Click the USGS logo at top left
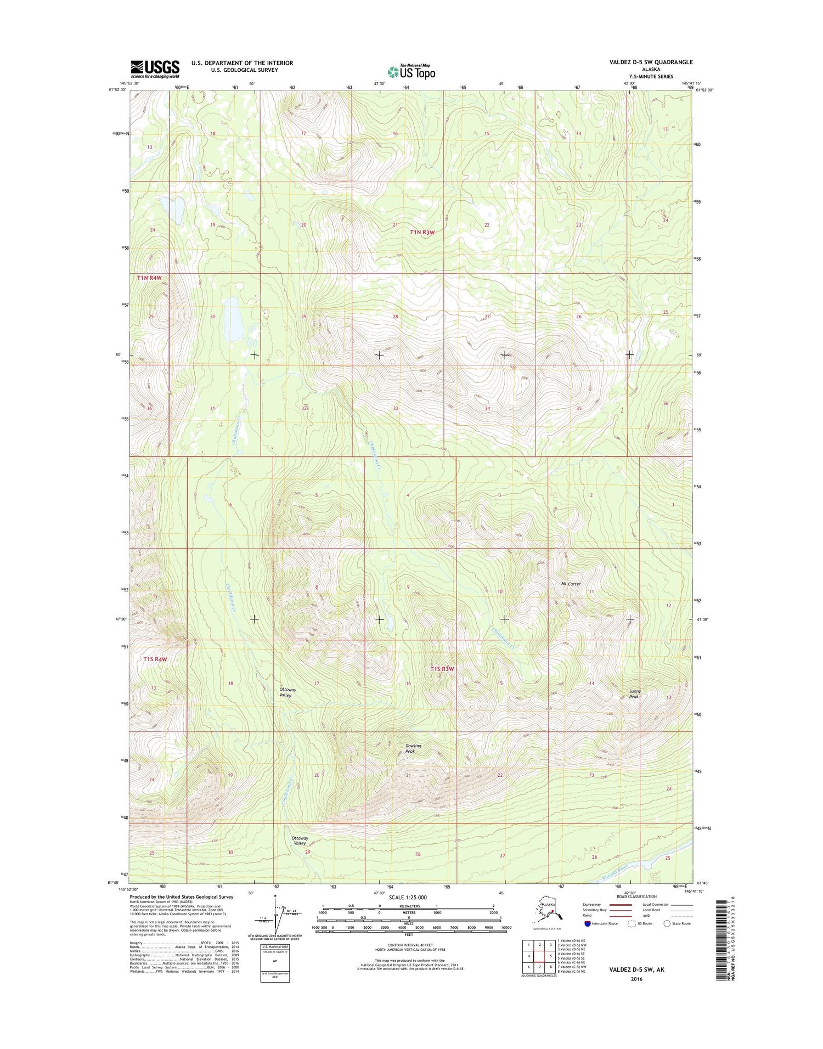tap(155, 69)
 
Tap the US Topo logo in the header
tap(411, 71)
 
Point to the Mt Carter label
tap(571, 584)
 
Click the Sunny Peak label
tap(635, 694)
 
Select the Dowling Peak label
tap(413, 748)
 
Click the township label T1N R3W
tap(422, 232)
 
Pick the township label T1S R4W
tap(154, 659)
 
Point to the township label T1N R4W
tap(149, 278)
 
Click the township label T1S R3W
tap(442, 669)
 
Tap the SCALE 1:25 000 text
tap(408, 898)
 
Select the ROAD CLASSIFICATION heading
tap(636, 896)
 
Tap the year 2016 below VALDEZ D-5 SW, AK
tap(636, 979)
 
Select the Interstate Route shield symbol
tap(588, 923)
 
